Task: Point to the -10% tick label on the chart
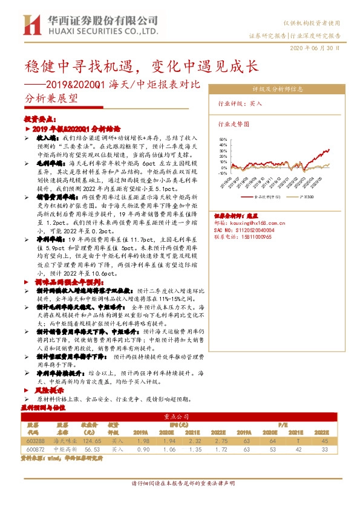pyautogui.click(x=220, y=173)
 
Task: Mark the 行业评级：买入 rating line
pyautogui.click(x=240, y=103)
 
